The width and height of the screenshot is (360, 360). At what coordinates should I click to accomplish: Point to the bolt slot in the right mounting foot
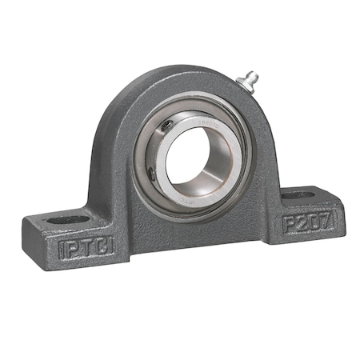(298, 194)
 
